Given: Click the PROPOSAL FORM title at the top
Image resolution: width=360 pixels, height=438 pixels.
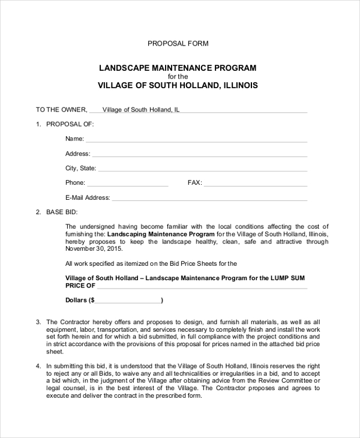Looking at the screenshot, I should (x=178, y=44).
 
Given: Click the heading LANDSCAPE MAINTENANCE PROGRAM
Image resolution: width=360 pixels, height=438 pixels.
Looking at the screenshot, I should (x=178, y=67).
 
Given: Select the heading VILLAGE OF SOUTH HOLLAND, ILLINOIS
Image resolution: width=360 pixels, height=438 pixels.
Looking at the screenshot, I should (x=178, y=86).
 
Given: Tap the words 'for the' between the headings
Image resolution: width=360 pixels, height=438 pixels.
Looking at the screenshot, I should (x=178, y=77).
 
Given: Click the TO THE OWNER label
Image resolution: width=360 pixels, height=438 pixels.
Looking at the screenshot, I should (x=61, y=110).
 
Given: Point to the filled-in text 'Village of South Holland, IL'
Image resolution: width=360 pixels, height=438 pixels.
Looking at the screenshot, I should (x=141, y=110).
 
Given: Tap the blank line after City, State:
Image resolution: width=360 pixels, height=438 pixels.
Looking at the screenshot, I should (x=202, y=169).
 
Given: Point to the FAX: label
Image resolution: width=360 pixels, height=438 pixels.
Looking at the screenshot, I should (x=195, y=183).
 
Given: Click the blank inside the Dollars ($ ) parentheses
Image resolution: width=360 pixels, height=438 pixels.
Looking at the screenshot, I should (x=128, y=300).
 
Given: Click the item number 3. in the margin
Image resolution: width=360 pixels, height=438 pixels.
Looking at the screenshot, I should (x=38, y=322).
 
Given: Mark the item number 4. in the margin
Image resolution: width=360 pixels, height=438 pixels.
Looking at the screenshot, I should (x=38, y=365).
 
